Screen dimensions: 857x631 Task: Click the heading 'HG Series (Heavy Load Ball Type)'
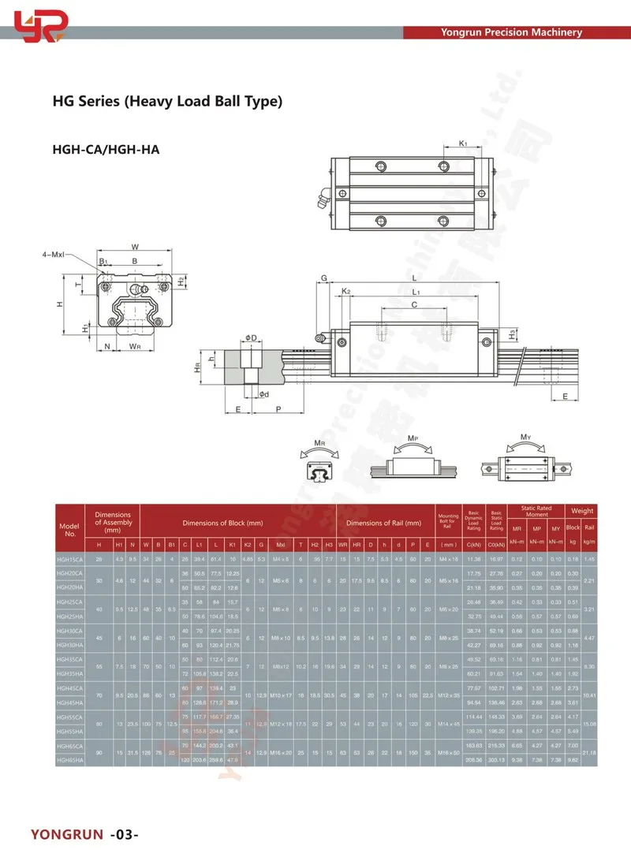tap(167, 101)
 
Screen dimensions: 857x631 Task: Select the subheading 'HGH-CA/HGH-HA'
tap(106, 148)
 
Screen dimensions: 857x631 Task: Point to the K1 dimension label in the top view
tap(463, 143)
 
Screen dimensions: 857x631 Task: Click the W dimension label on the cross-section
tap(135, 245)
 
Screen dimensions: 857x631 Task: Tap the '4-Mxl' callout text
tap(58, 255)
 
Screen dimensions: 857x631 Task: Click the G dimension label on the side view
tap(323, 278)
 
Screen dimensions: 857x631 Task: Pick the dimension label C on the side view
tap(414, 304)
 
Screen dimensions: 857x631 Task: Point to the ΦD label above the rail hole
tap(250, 337)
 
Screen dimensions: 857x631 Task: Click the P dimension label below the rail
tap(278, 408)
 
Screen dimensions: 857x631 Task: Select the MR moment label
tap(319, 444)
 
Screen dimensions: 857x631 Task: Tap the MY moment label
tap(525, 437)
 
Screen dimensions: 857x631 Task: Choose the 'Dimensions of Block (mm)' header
tap(222, 523)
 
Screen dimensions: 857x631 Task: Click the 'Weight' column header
tap(583, 511)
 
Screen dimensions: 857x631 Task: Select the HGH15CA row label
tap(70, 558)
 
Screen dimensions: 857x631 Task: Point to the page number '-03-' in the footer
tap(126, 834)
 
